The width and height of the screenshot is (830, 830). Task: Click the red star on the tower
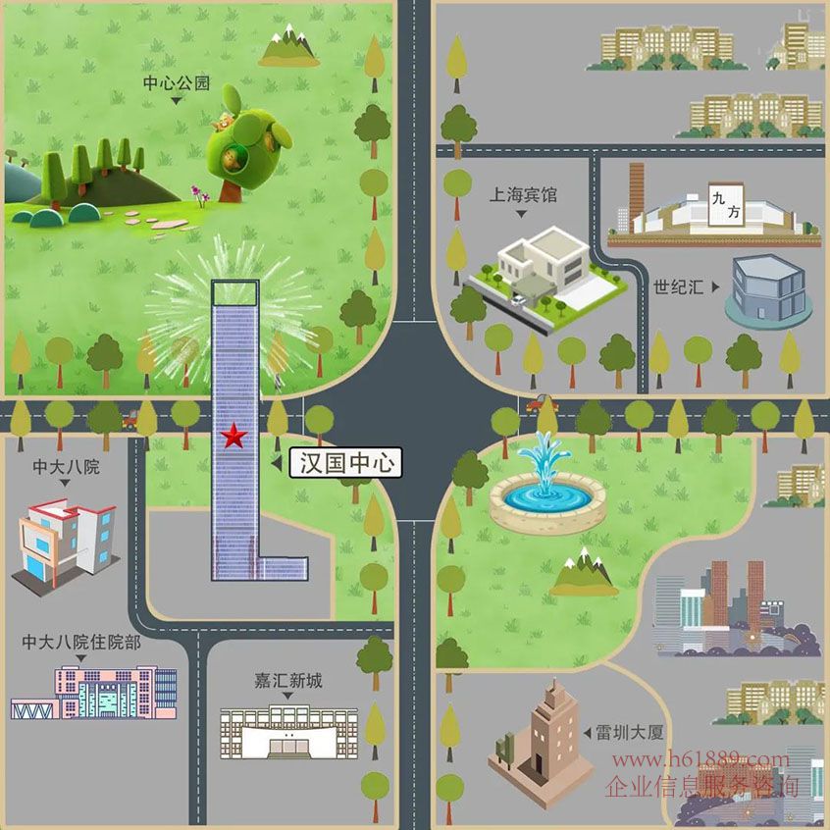point(233,437)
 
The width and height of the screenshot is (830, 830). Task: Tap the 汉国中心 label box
point(346,463)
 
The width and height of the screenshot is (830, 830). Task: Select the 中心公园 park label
point(177,83)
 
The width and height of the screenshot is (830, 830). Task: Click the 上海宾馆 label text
point(523,195)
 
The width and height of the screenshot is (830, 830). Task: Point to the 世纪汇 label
point(678,287)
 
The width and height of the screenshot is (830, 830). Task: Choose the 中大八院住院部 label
point(81,642)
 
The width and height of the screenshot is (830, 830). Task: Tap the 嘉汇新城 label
point(288,680)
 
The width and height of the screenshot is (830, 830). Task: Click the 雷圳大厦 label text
point(630,733)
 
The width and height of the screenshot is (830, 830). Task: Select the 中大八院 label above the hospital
point(66,467)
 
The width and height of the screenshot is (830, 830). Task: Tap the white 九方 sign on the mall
point(726,205)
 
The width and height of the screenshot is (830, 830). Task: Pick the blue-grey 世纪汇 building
point(768,291)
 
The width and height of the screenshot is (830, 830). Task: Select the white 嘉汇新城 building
point(289,732)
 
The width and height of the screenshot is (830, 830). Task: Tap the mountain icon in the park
point(289,46)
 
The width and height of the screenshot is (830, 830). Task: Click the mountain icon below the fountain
point(584,573)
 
